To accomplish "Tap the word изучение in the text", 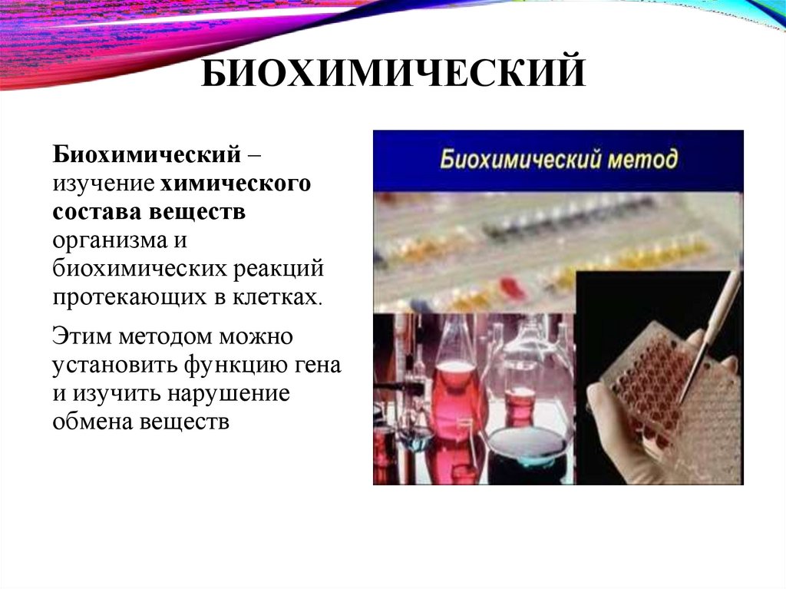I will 104,184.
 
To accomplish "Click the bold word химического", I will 236,184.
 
